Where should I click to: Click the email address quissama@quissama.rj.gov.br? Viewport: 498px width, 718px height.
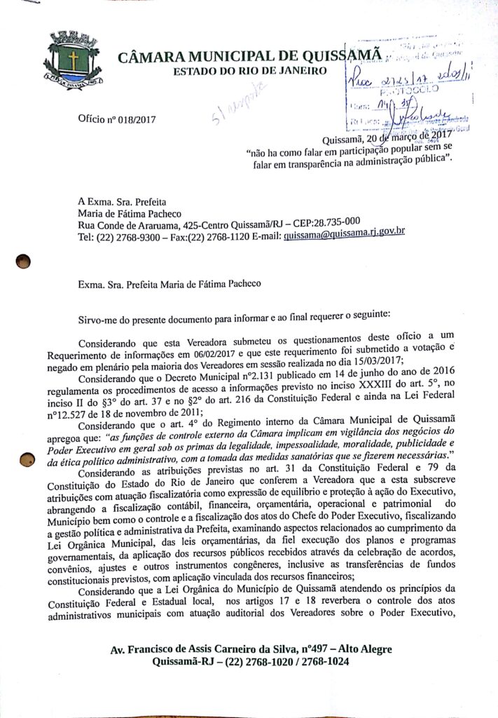pos(345,237)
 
